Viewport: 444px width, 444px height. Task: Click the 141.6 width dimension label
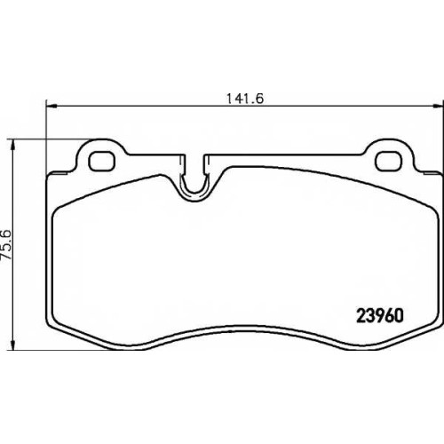coord(245,99)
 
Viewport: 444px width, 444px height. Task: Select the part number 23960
coord(380,315)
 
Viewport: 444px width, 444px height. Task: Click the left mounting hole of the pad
coord(101,162)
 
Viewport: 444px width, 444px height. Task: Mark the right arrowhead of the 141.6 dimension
coord(439,106)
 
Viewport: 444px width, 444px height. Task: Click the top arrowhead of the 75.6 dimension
coord(12,145)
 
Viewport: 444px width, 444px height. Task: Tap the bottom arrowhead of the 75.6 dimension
coord(12,345)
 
